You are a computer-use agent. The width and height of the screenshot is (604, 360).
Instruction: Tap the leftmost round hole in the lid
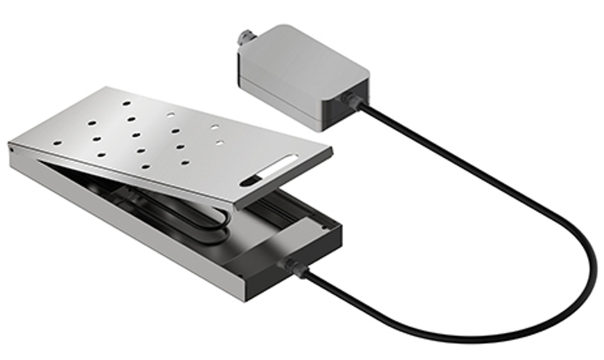coord(58,143)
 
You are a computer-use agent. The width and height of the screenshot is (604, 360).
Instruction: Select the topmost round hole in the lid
coord(127,103)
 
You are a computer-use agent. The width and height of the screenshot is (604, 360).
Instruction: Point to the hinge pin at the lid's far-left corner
coord(11,147)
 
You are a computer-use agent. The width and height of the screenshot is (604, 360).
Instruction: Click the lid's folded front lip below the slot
coord(283,183)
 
